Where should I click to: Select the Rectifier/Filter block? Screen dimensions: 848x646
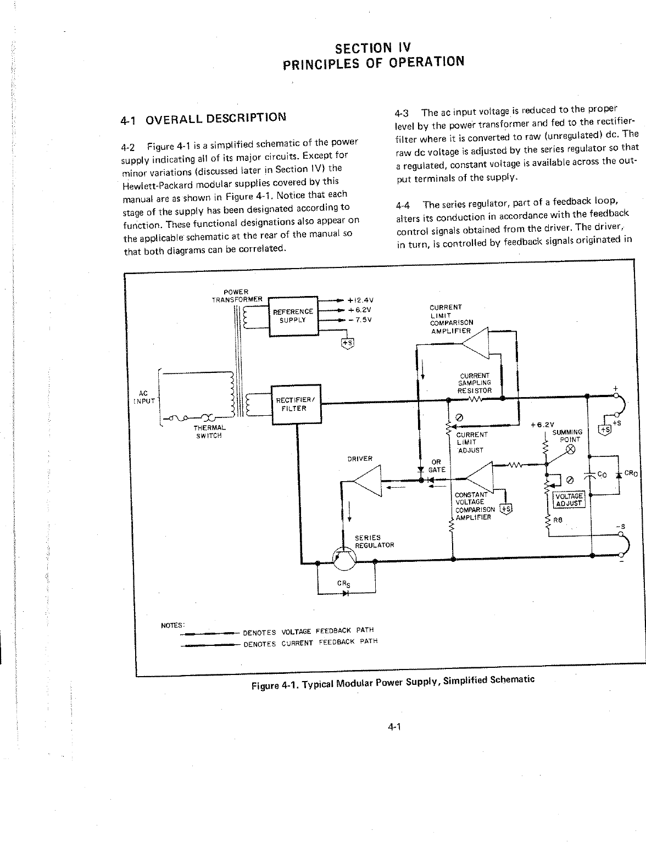296,404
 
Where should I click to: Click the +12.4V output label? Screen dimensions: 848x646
360,300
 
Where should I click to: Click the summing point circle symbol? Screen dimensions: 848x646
570,450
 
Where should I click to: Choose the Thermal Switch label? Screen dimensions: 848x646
209,432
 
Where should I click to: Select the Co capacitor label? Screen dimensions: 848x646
602,475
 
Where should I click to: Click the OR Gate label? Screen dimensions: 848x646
436,466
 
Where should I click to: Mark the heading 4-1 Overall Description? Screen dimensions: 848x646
203,118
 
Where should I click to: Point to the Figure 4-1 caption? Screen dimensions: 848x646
393,682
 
